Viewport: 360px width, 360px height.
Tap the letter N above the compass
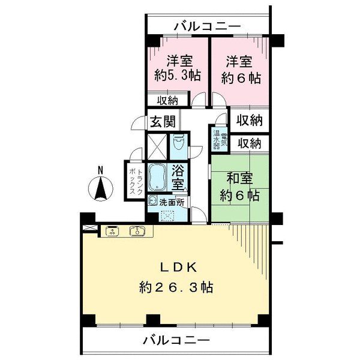pyautogui.click(x=100, y=170)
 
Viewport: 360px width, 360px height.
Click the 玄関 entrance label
pyautogui.click(x=163, y=121)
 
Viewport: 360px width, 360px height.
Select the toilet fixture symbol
pyautogui.click(x=178, y=142)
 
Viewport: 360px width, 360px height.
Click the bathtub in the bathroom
pyautogui.click(x=157, y=177)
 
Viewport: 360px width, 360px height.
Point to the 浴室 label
pyautogui.click(x=178, y=177)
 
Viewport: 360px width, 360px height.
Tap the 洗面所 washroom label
pyautogui.click(x=172, y=203)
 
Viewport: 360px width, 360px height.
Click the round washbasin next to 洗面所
pyautogui.click(x=152, y=200)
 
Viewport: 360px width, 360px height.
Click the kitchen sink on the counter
pyautogui.click(x=137, y=231)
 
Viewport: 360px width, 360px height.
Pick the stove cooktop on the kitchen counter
pyautogui.click(x=112, y=231)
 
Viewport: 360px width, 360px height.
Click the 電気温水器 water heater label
pyautogui.click(x=220, y=139)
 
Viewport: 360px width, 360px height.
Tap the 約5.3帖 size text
pyautogui.click(x=178, y=76)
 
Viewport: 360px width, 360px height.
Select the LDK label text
pyautogui.click(x=178, y=268)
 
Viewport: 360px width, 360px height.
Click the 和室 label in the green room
pyautogui.click(x=239, y=178)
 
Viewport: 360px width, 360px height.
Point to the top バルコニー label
pyautogui.click(x=208, y=26)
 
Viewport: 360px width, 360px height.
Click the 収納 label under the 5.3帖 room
pyautogui.click(x=167, y=101)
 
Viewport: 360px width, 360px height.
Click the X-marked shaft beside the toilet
pyautogui.click(x=157, y=147)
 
